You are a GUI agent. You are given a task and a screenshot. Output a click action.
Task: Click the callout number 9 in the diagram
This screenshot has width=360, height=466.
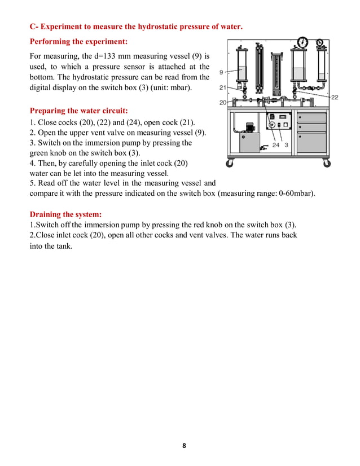click(221, 72)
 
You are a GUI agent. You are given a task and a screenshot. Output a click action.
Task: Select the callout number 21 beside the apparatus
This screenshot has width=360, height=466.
click(223, 87)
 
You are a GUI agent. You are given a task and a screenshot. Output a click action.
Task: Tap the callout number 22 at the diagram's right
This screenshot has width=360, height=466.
click(334, 97)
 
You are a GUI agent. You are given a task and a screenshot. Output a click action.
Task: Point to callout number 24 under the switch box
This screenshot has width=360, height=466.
click(275, 145)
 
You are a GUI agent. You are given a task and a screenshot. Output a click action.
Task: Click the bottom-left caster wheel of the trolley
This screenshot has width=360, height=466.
click(230, 164)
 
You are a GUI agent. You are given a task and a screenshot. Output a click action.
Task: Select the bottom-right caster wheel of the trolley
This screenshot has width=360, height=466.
click(327, 164)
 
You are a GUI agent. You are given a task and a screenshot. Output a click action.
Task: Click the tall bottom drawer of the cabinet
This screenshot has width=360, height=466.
click(311, 143)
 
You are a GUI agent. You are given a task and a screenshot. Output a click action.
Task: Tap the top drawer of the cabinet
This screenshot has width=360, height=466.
click(311, 117)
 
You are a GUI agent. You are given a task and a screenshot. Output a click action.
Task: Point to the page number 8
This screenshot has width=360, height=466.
click(184, 446)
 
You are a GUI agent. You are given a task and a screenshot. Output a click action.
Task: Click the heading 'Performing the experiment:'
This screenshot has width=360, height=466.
click(78, 42)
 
